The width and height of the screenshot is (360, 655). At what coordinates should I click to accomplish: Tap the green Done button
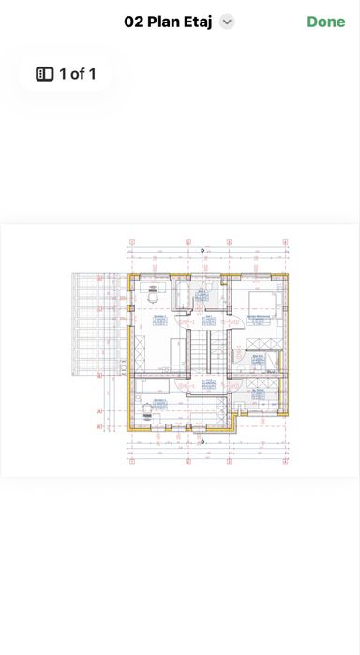tap(325, 22)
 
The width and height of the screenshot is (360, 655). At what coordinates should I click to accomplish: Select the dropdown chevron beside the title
tap(227, 22)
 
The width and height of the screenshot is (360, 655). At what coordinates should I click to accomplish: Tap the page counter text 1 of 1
tap(77, 73)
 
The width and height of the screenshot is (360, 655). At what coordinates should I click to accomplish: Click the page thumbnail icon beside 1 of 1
tap(44, 73)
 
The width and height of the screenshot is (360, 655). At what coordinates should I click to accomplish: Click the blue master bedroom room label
tap(260, 320)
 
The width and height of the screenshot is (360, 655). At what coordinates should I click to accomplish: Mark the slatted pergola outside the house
tap(97, 323)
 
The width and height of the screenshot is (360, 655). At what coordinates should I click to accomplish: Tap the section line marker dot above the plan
tap(202, 251)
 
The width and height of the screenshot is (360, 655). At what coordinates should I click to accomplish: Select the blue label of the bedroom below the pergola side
tap(159, 403)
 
